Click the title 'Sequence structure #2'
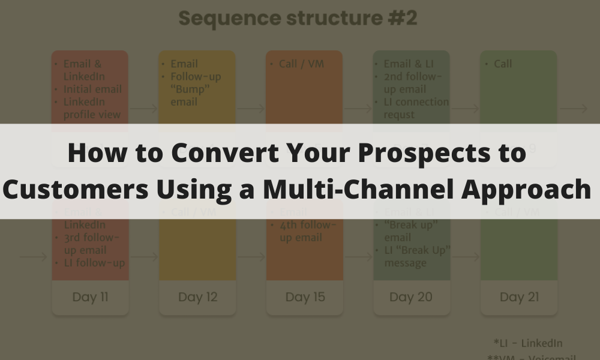click(x=298, y=18)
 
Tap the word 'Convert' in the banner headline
click(x=214, y=154)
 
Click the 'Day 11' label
click(x=90, y=297)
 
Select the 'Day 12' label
click(x=197, y=297)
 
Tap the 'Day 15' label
click(x=305, y=297)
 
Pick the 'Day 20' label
click(x=412, y=297)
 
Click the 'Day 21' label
click(x=519, y=297)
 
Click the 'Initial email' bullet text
click(x=93, y=89)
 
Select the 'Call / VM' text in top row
click(x=301, y=64)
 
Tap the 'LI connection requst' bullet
click(x=415, y=108)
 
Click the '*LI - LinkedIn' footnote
click(x=528, y=343)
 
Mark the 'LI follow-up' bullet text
click(x=94, y=263)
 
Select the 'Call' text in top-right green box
click(x=503, y=64)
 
